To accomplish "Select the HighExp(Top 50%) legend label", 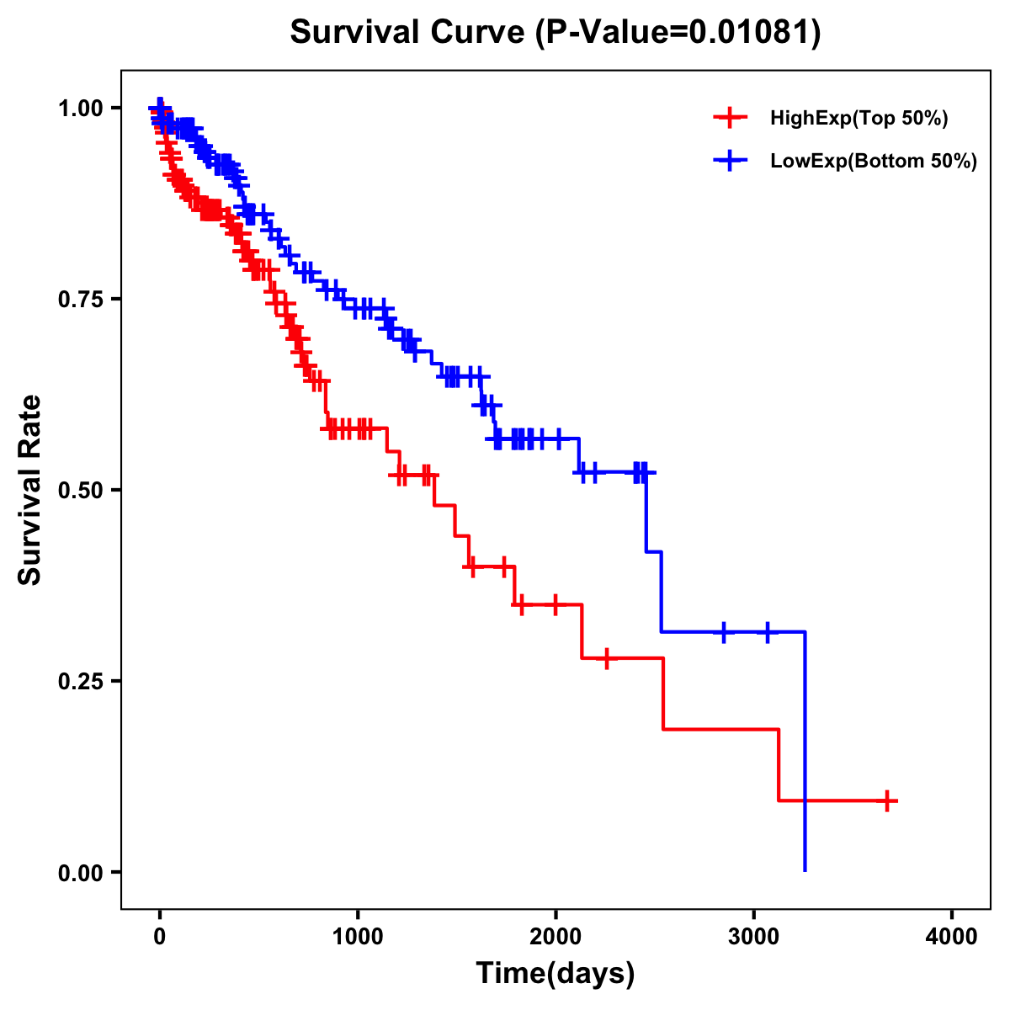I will pos(858,119).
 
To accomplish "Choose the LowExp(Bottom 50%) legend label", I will pos(874,162).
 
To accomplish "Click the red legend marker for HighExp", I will pos(730,119).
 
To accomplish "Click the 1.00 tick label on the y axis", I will pos(82,108).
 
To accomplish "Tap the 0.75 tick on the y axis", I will pos(82,299).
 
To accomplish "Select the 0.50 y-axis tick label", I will pos(82,490).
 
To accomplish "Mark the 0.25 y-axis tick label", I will pos(82,681).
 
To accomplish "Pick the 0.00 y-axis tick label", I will pos(82,872).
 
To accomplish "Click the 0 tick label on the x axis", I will pos(160,938).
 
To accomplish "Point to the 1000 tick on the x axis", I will pos(358,938).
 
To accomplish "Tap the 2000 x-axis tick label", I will pos(555,938).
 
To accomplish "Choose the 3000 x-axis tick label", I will pos(754,938).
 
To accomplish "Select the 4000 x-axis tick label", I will pos(952,938).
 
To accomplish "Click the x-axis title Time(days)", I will pos(555,974).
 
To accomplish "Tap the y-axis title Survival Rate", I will pos(30,490).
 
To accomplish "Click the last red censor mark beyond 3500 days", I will pos(886,800).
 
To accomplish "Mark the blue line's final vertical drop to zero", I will pos(805,757).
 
